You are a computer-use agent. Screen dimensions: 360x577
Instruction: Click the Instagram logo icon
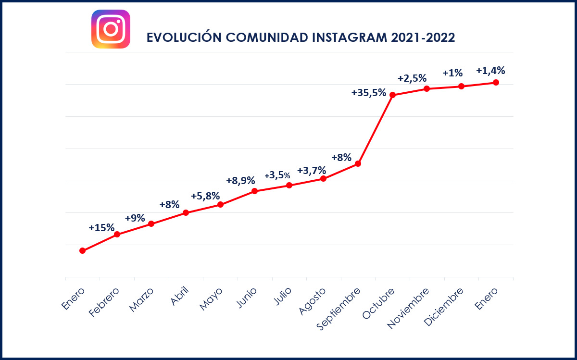(111, 29)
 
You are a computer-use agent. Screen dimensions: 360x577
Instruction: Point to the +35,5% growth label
(369, 93)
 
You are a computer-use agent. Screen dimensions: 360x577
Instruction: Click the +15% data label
(101, 228)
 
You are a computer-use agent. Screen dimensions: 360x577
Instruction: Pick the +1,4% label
(490, 71)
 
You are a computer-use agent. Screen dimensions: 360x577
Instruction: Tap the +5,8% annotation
(205, 196)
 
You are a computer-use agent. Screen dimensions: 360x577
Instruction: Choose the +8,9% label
(240, 181)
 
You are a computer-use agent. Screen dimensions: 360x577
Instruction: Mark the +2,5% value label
(412, 78)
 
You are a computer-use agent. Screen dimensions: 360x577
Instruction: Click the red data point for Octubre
(392, 95)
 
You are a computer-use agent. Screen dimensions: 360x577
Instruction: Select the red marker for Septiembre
(358, 164)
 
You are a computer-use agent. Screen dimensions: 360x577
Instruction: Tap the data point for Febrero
(117, 235)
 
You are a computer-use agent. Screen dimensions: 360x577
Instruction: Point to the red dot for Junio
(255, 191)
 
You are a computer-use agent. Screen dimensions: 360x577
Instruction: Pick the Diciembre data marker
(461, 87)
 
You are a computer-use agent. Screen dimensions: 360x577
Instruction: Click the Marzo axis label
(142, 300)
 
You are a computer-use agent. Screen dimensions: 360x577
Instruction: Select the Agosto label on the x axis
(313, 301)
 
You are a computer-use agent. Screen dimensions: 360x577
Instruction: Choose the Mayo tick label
(212, 299)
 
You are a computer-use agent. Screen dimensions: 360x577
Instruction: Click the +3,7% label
(312, 171)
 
